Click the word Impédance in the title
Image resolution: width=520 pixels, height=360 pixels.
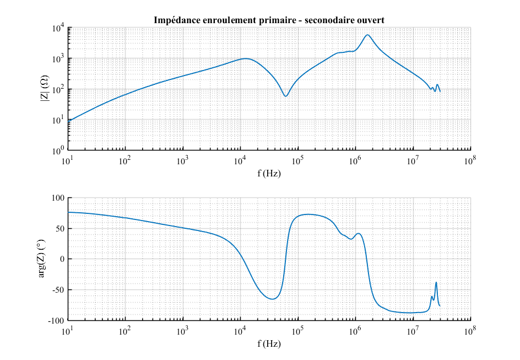click(x=176, y=20)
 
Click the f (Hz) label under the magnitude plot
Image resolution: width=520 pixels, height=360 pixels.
click(x=269, y=173)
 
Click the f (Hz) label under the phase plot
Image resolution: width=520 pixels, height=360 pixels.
click(x=269, y=343)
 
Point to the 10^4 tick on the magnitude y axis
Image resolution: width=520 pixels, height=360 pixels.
click(x=58, y=28)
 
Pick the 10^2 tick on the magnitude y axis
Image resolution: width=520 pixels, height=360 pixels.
click(x=58, y=89)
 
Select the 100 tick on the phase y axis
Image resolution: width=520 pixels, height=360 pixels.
click(x=58, y=198)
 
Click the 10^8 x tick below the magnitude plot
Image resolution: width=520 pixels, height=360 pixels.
click(x=470, y=160)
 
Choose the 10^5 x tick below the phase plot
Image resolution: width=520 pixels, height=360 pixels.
click(x=297, y=331)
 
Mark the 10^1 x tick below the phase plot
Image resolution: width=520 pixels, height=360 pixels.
click(x=67, y=331)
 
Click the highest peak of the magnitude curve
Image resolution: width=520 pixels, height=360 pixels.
click(x=367, y=35)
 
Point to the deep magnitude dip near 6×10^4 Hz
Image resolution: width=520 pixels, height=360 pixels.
click(x=285, y=96)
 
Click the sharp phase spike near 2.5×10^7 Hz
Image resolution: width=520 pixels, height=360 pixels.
click(x=436, y=283)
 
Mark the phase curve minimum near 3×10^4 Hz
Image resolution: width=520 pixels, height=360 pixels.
click(x=272, y=299)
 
